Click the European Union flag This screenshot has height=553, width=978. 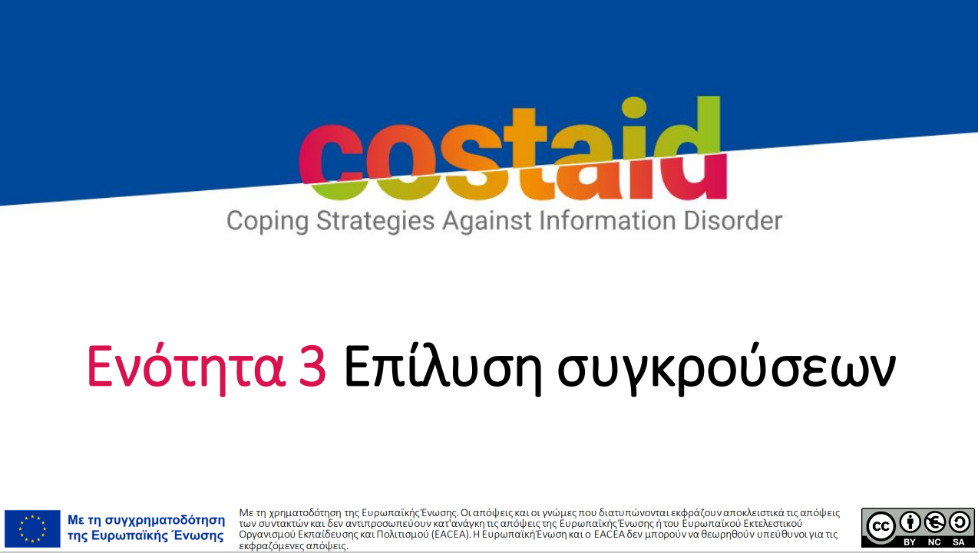pos(32,528)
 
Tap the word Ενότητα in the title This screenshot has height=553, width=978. pos(187,367)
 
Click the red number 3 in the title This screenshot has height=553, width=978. pos(312,366)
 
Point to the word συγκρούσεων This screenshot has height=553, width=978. pos(726,369)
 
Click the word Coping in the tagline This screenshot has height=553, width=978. pos(267,221)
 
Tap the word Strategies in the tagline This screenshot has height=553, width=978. pos(375,221)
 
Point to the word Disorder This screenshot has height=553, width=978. pos(733,220)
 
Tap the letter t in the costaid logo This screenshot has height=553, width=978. pos(528,153)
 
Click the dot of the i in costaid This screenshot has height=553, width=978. pos(633,107)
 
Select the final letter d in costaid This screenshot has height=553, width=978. pos(694,148)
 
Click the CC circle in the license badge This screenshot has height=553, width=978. pos(881,526)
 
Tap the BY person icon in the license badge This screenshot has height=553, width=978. pos(910,522)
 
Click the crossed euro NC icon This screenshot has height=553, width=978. pos(934,522)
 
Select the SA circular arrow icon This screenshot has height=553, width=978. pos(960,522)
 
